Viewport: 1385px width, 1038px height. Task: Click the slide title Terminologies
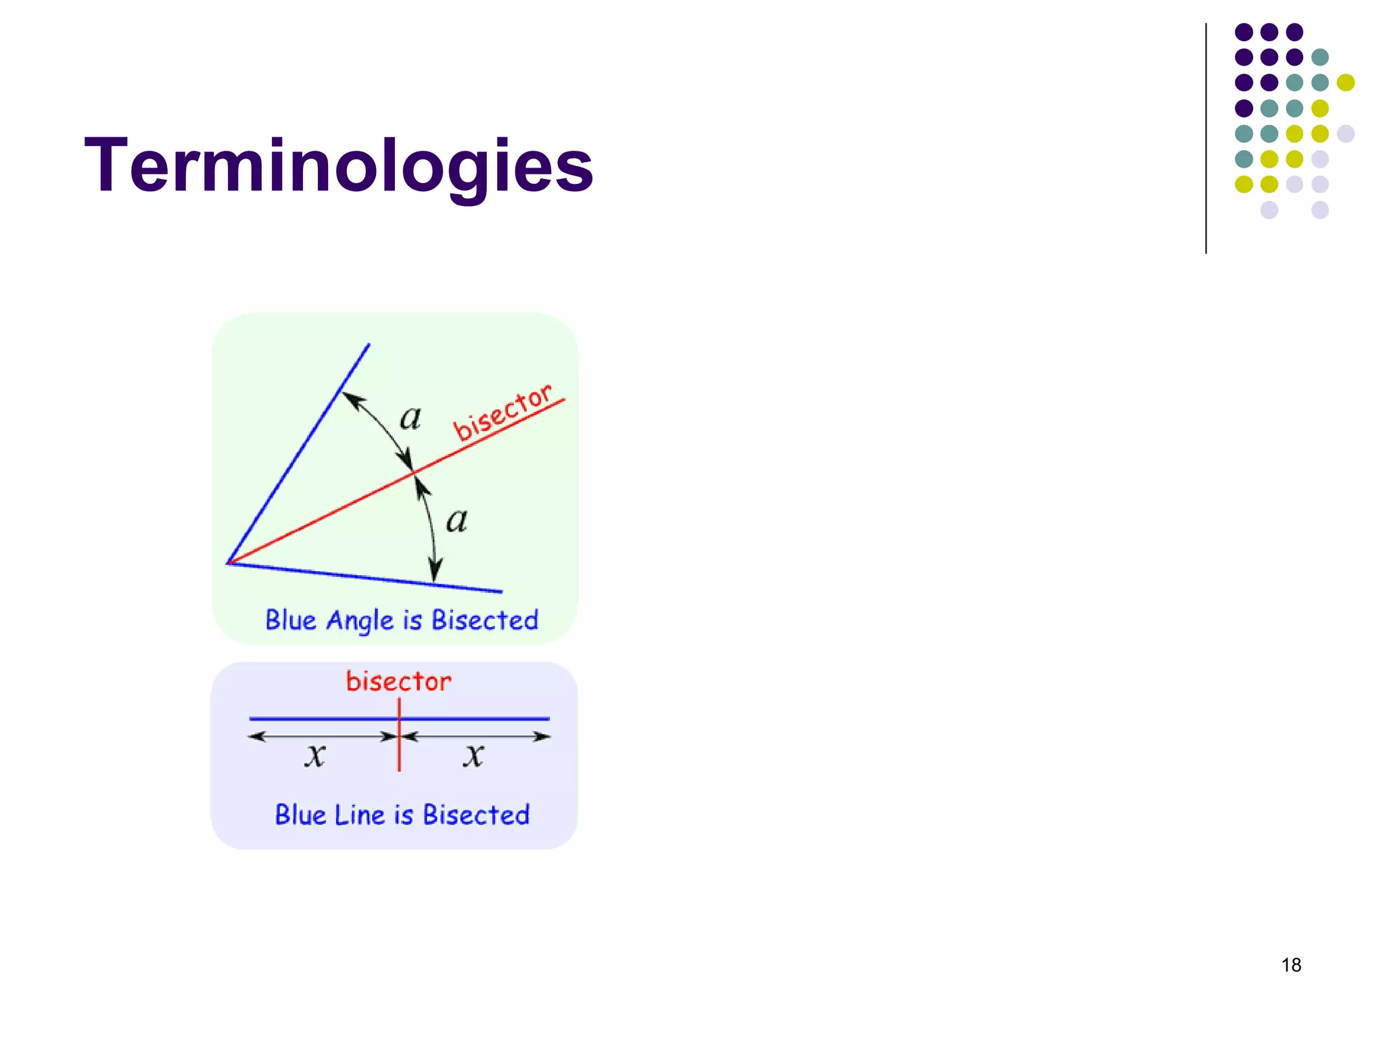click(x=338, y=166)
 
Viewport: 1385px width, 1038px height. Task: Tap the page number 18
click(x=1291, y=965)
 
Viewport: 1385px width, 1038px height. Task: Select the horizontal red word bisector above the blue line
click(x=398, y=681)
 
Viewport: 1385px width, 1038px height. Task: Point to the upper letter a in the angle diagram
click(x=410, y=418)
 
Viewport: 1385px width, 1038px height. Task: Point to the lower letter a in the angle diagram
click(x=456, y=520)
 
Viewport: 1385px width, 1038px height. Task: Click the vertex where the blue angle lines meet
click(x=229, y=562)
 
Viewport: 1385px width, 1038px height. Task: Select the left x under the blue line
click(x=314, y=755)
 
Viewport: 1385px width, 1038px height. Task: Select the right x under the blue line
click(x=473, y=755)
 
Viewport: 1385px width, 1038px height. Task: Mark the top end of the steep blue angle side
click(x=369, y=345)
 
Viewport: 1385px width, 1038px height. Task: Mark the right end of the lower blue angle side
click(x=500, y=592)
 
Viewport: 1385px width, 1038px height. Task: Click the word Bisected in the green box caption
click(x=484, y=620)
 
